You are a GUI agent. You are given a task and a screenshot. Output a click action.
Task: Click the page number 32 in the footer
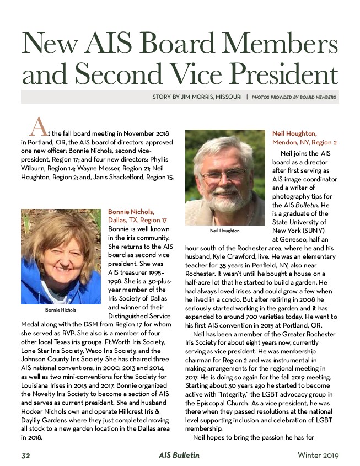click(x=26, y=455)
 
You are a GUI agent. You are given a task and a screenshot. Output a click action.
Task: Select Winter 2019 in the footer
click(x=318, y=455)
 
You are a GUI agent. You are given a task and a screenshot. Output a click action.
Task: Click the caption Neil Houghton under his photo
click(x=224, y=230)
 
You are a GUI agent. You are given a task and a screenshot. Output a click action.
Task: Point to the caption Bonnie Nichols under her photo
click(x=60, y=310)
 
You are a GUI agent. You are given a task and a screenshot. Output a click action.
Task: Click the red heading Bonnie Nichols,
click(x=131, y=211)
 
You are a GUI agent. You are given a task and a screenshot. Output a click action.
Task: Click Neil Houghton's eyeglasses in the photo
click(x=223, y=175)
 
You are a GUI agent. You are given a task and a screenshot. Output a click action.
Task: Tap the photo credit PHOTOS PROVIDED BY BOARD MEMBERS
click(x=294, y=97)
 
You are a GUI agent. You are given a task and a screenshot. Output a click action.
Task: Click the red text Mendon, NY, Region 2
click(x=304, y=142)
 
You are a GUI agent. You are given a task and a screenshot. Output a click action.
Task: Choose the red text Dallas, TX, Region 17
click(x=137, y=220)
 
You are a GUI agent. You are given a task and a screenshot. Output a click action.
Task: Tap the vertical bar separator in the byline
click(x=247, y=97)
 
